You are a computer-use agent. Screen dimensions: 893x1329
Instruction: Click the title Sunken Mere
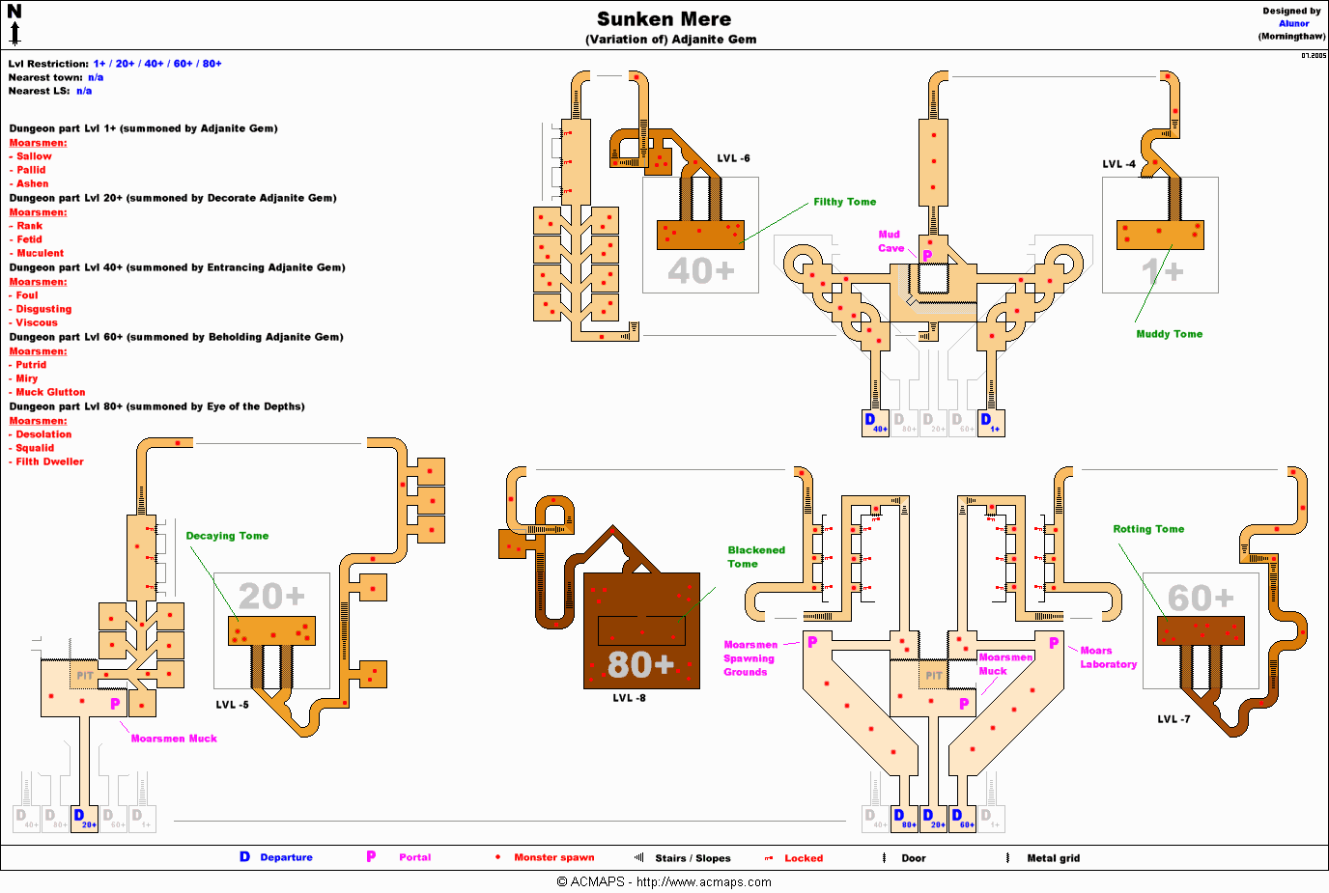point(664,19)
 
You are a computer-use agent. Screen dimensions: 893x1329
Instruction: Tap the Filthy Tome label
point(844,202)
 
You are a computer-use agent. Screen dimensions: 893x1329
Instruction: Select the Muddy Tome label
point(1169,334)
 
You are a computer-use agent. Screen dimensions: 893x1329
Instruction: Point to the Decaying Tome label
point(227,536)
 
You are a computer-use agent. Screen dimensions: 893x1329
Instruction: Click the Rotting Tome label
point(1147,529)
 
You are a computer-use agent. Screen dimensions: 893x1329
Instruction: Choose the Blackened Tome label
point(755,557)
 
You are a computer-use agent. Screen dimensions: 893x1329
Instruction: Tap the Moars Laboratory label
point(1108,657)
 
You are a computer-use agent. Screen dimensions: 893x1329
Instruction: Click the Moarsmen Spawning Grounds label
point(749,658)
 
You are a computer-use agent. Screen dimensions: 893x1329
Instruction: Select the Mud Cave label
point(890,241)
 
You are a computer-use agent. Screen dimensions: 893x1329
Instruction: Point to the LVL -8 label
point(629,698)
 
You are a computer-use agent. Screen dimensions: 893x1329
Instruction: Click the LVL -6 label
point(733,158)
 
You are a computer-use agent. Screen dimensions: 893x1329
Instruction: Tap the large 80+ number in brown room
point(640,664)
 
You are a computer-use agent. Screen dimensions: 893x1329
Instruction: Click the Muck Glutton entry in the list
point(50,392)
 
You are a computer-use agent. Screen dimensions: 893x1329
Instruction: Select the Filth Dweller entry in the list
point(49,461)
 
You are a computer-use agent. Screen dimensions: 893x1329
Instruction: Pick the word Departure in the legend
point(286,857)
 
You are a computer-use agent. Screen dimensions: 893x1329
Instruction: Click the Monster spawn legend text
point(553,857)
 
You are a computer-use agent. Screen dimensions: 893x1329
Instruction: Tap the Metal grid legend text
point(1053,858)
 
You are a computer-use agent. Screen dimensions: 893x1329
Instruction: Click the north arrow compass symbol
point(14,25)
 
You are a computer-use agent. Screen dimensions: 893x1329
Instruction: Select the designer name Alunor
point(1293,24)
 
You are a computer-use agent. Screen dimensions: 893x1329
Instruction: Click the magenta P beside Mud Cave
point(927,256)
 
